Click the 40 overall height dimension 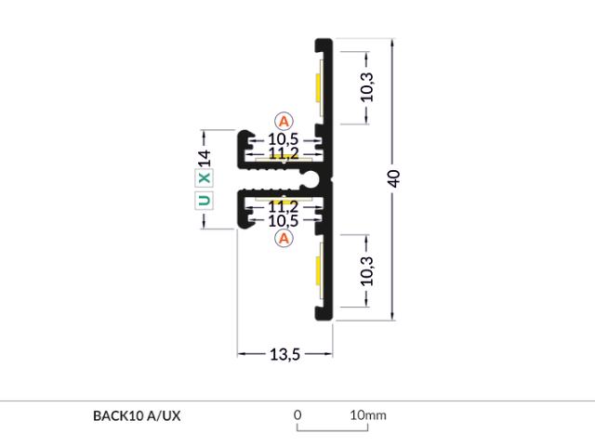(393, 178)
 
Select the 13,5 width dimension (284, 355)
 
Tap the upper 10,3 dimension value (367, 87)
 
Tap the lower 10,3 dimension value (367, 271)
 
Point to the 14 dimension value (205, 158)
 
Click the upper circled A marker (284, 122)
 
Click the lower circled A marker (284, 238)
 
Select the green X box (205, 177)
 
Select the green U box (205, 201)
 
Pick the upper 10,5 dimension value (283, 139)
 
